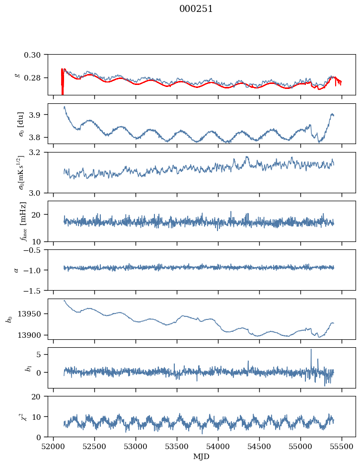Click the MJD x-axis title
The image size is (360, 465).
(x=202, y=457)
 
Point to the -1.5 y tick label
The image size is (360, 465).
(x=35, y=290)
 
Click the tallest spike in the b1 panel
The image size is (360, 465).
(x=311, y=350)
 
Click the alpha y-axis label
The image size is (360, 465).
(x=16, y=270)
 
